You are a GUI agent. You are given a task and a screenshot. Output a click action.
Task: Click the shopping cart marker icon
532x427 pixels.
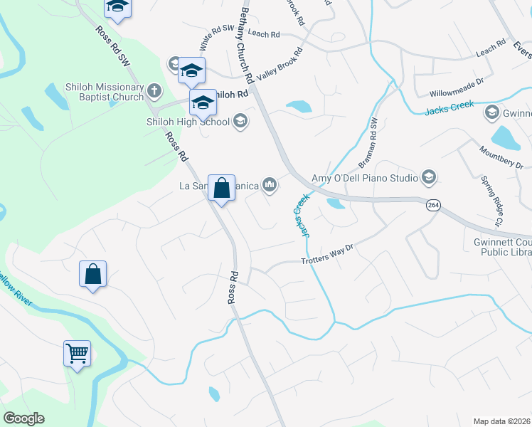pos(77,352)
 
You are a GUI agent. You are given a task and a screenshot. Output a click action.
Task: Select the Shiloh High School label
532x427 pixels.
pos(188,122)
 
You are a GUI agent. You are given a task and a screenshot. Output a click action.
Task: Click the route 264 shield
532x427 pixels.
pos(432,205)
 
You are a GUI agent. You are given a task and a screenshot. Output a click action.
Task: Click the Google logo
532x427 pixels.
pos(23,418)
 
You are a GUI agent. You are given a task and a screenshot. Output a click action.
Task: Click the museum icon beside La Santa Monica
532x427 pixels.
pos(269,185)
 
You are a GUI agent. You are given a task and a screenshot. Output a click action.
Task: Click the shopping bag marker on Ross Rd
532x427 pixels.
pos(222,189)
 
